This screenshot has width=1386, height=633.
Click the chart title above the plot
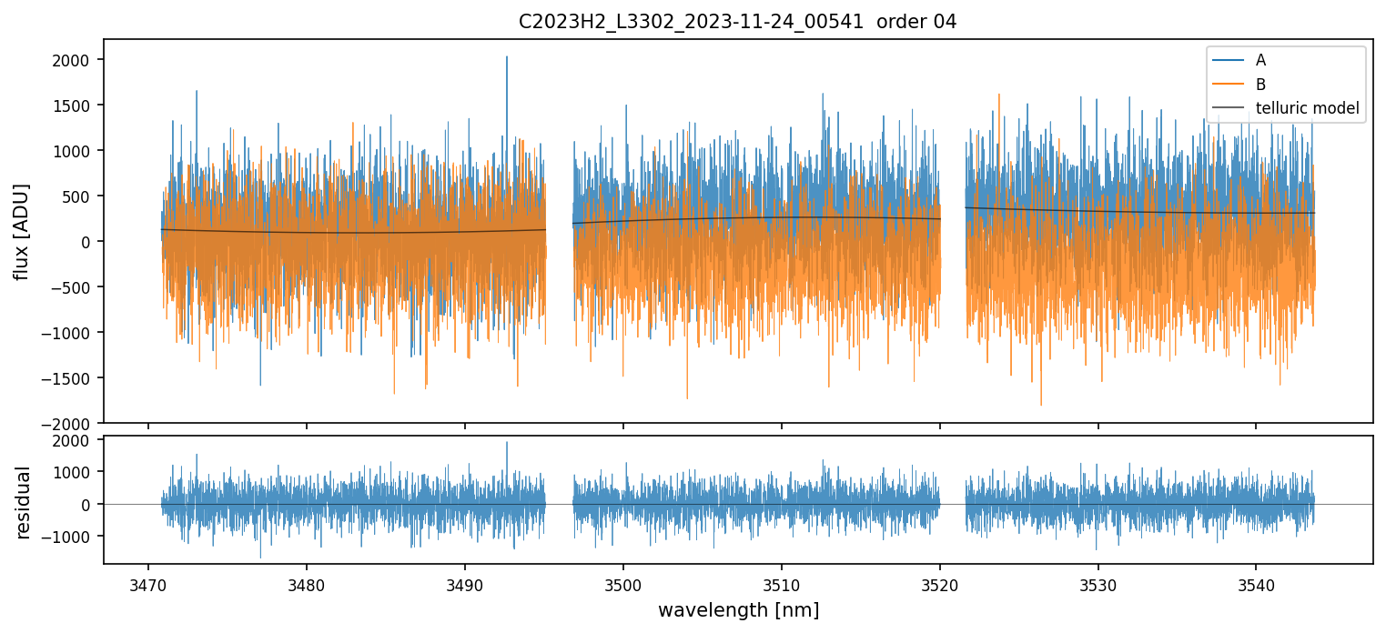tap(737, 21)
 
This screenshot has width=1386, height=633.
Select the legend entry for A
tap(1260, 60)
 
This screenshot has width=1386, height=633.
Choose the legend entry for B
tap(1260, 85)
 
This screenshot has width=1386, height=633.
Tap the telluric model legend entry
tap(1307, 109)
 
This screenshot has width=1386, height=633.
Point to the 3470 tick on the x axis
tap(148, 579)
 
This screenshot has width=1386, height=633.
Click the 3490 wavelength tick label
tap(465, 579)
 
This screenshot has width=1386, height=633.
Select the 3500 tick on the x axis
tap(623, 579)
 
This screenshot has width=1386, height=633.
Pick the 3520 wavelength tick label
tap(940, 579)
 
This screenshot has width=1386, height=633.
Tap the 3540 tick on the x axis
tap(1257, 579)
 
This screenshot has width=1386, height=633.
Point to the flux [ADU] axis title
tap(21, 231)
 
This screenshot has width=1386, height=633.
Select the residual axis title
tap(23, 502)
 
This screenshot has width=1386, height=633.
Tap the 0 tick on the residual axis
tap(91, 505)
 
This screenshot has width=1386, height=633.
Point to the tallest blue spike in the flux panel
tap(507, 57)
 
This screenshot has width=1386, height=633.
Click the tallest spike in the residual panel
tap(507, 443)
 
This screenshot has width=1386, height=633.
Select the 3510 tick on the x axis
tap(782, 579)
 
